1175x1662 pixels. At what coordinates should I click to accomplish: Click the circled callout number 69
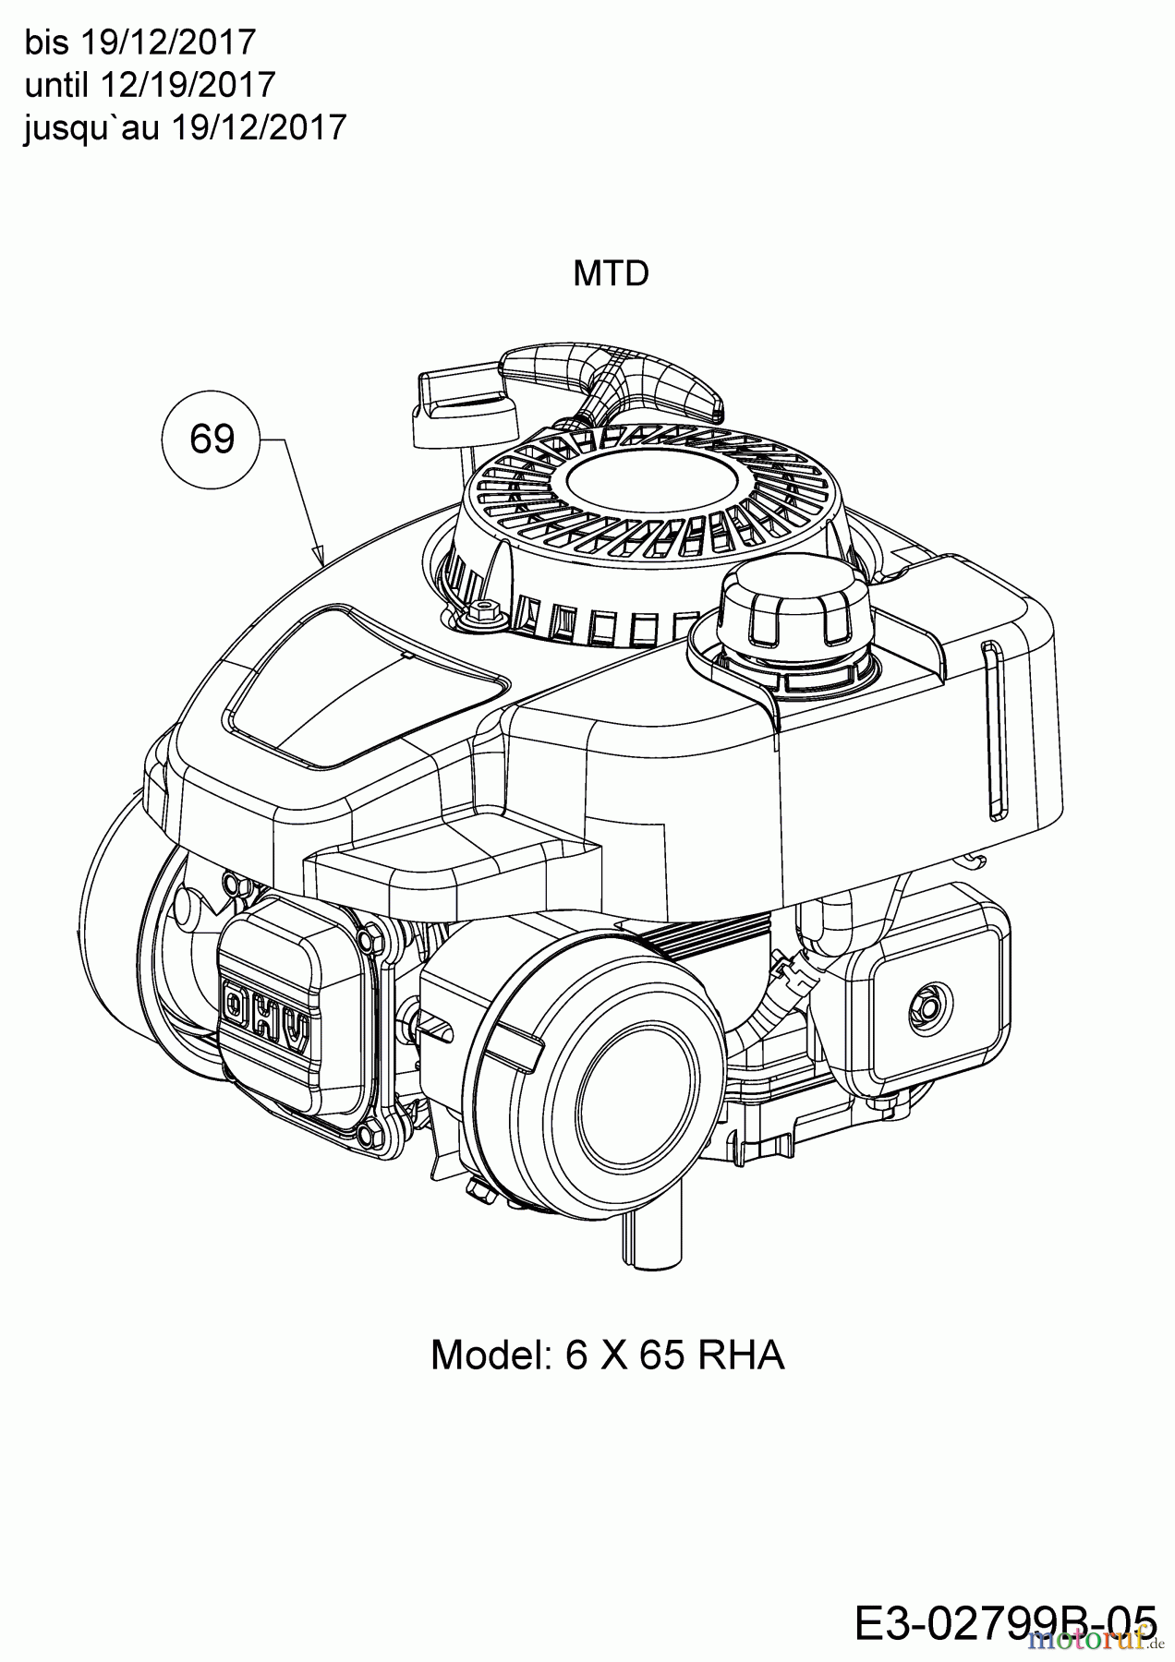pyautogui.click(x=212, y=440)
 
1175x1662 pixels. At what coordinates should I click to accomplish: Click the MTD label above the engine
pyautogui.click(x=611, y=273)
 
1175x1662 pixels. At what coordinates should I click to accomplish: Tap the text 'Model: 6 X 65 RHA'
pyautogui.click(x=607, y=1355)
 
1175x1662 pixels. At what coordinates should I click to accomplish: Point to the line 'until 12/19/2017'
pyautogui.click(x=150, y=85)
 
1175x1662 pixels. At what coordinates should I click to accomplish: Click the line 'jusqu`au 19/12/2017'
pyautogui.click(x=185, y=126)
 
